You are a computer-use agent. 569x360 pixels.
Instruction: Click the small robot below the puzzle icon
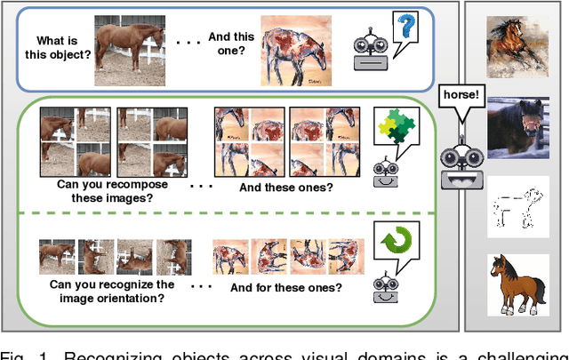pos(385,173)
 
